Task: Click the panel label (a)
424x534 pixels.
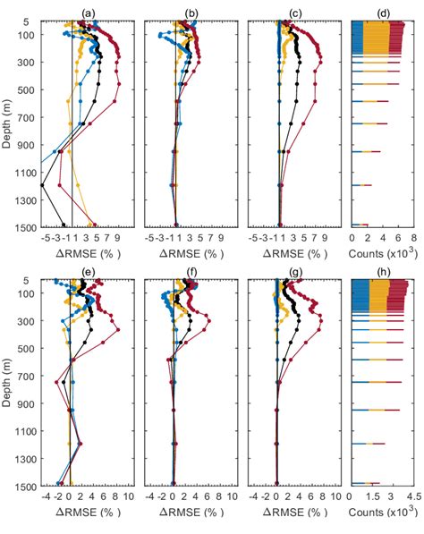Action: [x=88, y=13]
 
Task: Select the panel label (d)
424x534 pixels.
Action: [x=377, y=13]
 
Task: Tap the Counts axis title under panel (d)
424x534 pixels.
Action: [x=378, y=253]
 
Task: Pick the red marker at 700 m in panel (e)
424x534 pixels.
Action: [x=57, y=382]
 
